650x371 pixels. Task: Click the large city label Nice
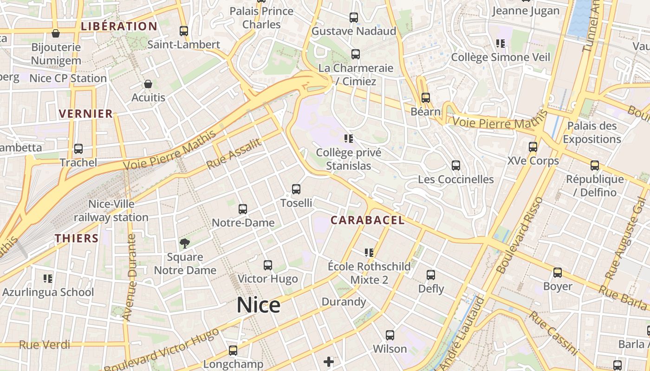pyautogui.click(x=258, y=305)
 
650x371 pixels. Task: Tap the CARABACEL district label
pyautogui.click(x=367, y=220)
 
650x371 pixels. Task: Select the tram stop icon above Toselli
pyautogui.click(x=296, y=189)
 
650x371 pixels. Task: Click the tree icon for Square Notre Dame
pyautogui.click(x=185, y=243)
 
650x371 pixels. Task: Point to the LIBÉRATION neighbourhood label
pyautogui.click(x=119, y=26)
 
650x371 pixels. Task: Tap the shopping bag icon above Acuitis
pyautogui.click(x=148, y=84)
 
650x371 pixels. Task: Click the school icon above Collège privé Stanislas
pyautogui.click(x=349, y=138)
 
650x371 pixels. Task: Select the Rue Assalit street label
pyautogui.click(x=234, y=154)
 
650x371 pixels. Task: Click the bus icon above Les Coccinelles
pyautogui.click(x=456, y=166)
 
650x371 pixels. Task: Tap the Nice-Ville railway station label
pyautogui.click(x=111, y=211)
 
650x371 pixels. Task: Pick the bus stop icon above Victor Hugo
pyautogui.click(x=268, y=265)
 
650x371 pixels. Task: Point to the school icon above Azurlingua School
pyautogui.click(x=48, y=278)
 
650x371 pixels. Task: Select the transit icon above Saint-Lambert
pyautogui.click(x=184, y=31)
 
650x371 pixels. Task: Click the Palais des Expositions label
pyautogui.click(x=591, y=132)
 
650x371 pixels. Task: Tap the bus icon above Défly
pyautogui.click(x=431, y=275)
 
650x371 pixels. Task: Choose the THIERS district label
pyautogui.click(x=77, y=238)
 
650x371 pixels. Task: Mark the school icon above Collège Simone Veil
pyautogui.click(x=500, y=44)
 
